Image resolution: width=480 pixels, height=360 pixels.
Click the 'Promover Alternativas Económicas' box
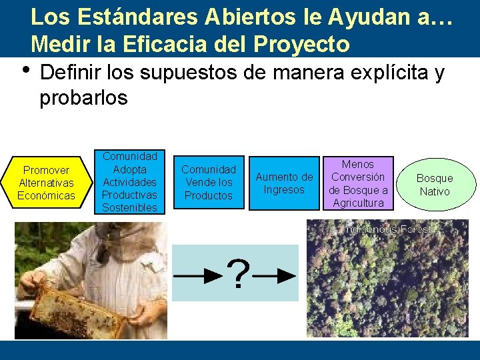pyautogui.click(x=46, y=183)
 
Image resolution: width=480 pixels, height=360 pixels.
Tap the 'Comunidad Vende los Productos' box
pyautogui.click(x=209, y=183)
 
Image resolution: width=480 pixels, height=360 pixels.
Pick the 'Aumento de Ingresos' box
pyautogui.click(x=284, y=183)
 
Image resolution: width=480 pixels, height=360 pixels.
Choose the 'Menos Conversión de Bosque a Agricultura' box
pyautogui.click(x=358, y=183)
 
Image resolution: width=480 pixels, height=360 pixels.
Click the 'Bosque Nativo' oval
pyautogui.click(x=434, y=185)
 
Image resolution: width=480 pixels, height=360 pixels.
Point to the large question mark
pyautogui.click(x=238, y=273)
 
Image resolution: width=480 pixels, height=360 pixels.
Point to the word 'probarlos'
pyautogui.click(x=83, y=97)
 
